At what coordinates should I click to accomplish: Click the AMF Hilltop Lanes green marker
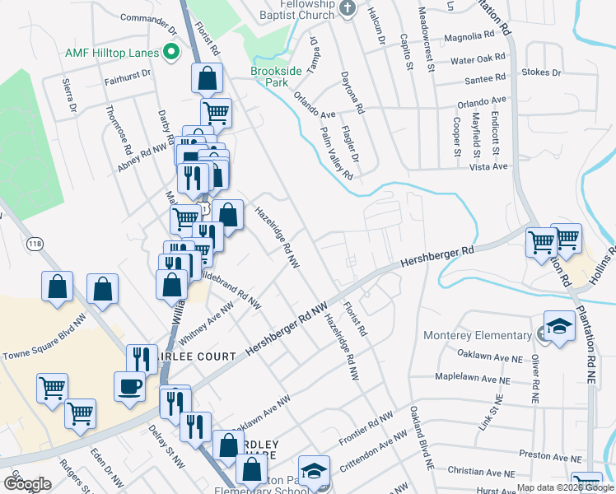pos(171,54)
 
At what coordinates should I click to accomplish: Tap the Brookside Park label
pos(280,77)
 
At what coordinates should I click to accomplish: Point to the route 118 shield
pos(35,244)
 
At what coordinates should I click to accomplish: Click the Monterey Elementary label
pos(477,335)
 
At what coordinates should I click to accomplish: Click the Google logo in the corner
pos(26,483)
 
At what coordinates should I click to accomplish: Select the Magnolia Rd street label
pos(468,35)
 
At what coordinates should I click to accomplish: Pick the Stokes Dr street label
pos(541,72)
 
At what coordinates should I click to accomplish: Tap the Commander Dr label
pos(148,17)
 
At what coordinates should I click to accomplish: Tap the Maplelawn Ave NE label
pos(478,379)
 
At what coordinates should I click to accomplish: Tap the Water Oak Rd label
pos(477,59)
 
